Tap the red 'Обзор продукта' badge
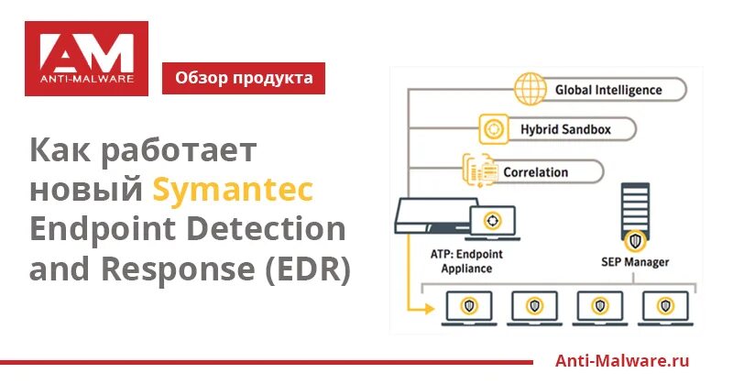point(243,78)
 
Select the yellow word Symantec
point(233,190)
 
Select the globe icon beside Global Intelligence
point(530,90)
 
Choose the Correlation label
point(535,171)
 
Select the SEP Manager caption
point(635,262)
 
